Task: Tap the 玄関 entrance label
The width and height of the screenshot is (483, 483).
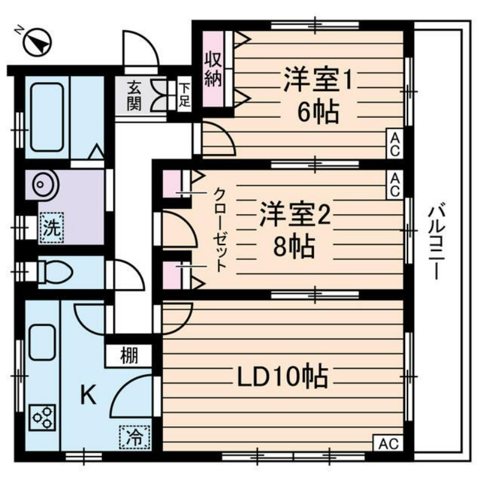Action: (x=134, y=95)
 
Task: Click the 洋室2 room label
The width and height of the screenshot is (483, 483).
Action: (x=296, y=216)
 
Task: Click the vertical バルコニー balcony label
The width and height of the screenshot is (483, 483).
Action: (x=437, y=241)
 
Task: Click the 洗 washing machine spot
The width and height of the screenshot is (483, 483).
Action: (x=51, y=229)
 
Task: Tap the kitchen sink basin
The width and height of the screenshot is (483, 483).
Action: (x=42, y=341)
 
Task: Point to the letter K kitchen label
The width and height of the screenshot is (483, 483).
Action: (x=88, y=395)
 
